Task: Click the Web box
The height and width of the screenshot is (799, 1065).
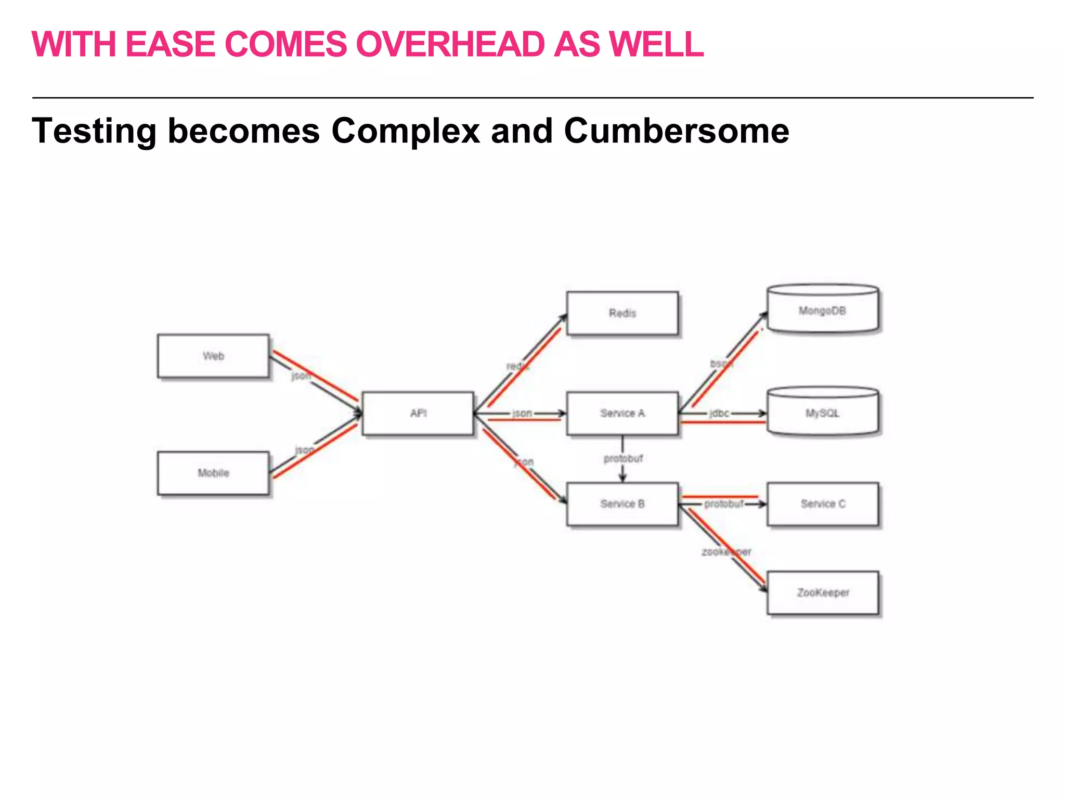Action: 213,356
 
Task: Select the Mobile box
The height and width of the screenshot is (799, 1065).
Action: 213,473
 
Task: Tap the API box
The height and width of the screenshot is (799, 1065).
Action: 418,414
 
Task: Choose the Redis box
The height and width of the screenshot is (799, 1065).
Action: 622,313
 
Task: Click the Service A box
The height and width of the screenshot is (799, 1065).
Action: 622,414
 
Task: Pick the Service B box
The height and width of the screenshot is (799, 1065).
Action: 622,504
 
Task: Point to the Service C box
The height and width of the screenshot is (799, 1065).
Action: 823,504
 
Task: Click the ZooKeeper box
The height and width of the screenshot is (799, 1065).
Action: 823,593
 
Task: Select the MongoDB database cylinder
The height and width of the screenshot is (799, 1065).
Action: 823,310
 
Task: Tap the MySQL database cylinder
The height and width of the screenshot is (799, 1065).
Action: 823,413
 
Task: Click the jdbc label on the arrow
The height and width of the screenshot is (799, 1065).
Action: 719,414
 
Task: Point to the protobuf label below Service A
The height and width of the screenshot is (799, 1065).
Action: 623,459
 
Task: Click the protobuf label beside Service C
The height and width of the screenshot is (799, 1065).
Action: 723,504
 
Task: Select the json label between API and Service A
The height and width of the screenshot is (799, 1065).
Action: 522,414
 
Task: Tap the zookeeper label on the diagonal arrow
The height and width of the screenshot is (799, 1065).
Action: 726,552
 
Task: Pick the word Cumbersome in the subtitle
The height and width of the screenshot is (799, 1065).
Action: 676,131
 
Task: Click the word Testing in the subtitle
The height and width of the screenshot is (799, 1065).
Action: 94,131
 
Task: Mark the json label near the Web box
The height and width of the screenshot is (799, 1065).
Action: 301,376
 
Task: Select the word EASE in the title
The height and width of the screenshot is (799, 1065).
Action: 170,44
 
